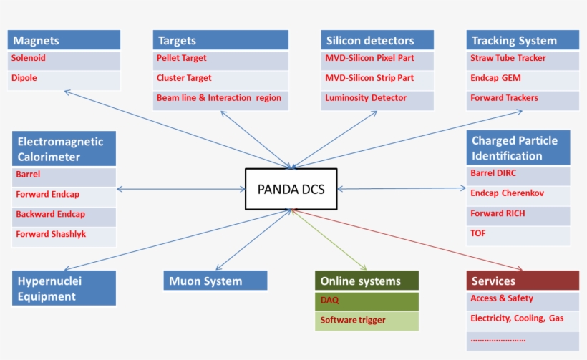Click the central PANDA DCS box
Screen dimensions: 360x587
coord(291,189)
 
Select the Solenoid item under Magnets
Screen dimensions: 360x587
coord(64,59)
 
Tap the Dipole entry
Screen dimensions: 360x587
coord(64,79)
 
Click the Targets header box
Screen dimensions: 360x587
coord(220,40)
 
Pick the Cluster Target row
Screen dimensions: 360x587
coord(220,79)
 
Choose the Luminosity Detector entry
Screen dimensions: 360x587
coord(377,98)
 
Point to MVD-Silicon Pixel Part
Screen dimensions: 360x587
coord(377,59)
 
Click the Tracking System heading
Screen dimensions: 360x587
coord(523,40)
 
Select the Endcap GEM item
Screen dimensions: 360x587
coord(523,79)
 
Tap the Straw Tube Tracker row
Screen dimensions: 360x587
coord(523,59)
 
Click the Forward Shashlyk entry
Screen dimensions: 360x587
coord(64,235)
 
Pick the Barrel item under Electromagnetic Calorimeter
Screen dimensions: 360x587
coord(64,175)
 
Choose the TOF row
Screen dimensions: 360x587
coord(518,234)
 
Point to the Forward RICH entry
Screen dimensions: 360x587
coord(518,214)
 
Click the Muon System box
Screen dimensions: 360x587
coord(215,281)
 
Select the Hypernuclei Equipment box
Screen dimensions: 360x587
coord(64,288)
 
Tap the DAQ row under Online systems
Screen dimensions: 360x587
coord(367,301)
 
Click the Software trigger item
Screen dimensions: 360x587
coord(367,321)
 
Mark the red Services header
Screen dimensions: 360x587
coord(522,281)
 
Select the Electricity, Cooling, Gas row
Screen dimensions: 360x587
coord(522,318)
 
